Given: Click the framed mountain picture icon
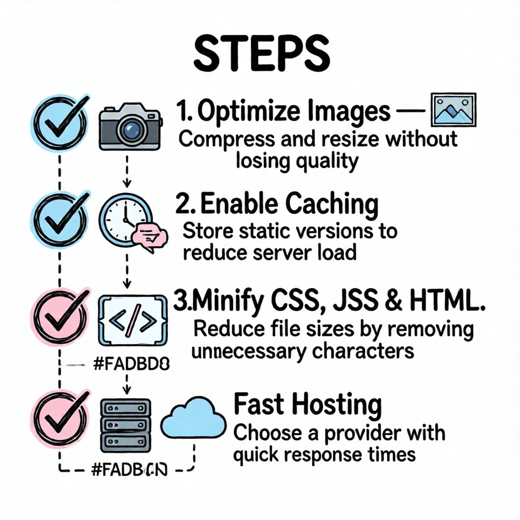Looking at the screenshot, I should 452,110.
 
